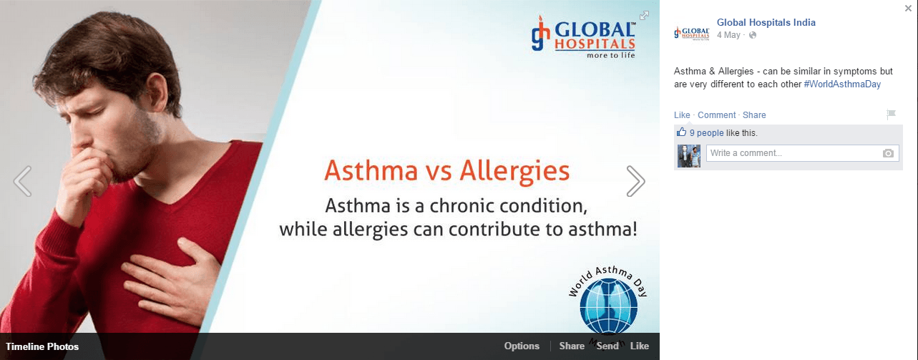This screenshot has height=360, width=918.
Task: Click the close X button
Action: [x=908, y=8]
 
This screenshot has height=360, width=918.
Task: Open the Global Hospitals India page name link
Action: [x=766, y=23]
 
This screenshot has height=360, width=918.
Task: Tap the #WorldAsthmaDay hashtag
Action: [x=842, y=84]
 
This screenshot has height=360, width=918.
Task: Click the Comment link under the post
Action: [x=717, y=115]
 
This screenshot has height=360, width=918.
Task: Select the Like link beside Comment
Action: [x=682, y=115]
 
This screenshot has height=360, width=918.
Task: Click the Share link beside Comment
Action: [x=754, y=115]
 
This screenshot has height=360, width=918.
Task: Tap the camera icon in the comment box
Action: [x=888, y=153]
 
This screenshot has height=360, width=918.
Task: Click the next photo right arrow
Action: [x=636, y=181]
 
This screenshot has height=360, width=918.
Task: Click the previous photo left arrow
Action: [x=22, y=181]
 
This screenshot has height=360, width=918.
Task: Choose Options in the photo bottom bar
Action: [x=522, y=346]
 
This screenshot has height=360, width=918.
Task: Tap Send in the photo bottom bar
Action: [x=607, y=346]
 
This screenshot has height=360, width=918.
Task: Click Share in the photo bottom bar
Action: [x=572, y=346]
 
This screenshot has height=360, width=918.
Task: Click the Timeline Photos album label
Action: [x=42, y=346]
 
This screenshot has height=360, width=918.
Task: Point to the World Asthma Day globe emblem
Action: [x=608, y=306]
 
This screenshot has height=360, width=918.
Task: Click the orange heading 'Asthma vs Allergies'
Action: [x=446, y=170]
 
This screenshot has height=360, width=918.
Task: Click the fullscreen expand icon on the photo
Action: [x=644, y=15]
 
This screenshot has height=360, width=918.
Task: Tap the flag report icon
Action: [x=891, y=114]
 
